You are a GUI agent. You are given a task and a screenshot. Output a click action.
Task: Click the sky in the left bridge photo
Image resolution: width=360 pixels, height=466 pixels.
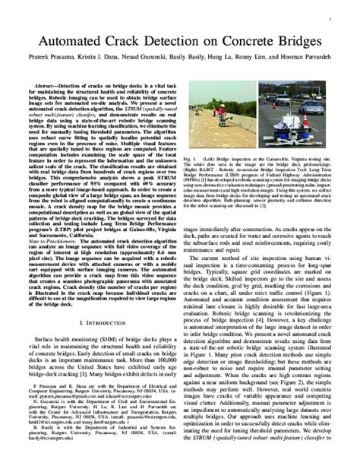220,91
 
